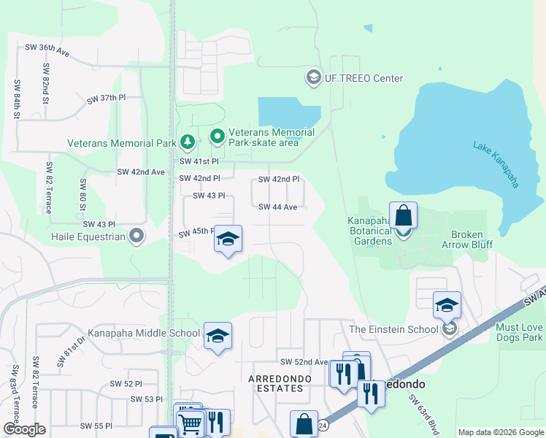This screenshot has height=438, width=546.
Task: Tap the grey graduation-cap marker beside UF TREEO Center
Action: click(x=314, y=77)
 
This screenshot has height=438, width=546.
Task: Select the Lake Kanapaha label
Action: click(x=496, y=164)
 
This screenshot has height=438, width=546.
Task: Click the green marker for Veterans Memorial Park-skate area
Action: click(x=217, y=137)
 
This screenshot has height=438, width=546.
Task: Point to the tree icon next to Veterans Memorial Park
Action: click(x=188, y=142)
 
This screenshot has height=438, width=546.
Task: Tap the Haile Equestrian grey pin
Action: click(x=136, y=236)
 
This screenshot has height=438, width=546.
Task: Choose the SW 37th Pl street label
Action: click(x=107, y=99)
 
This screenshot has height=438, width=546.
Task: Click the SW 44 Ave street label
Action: click(x=277, y=207)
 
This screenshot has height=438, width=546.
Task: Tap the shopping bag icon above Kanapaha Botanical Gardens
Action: click(x=403, y=216)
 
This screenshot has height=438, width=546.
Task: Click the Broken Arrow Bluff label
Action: click(x=466, y=239)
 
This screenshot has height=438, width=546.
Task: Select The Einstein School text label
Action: click(x=394, y=329)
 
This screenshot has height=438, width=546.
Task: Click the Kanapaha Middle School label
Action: click(x=144, y=334)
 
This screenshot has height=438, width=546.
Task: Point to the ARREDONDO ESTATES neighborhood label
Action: click(x=275, y=383)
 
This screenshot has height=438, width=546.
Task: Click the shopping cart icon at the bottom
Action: click(x=190, y=423)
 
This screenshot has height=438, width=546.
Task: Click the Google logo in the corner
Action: click(x=24, y=429)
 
